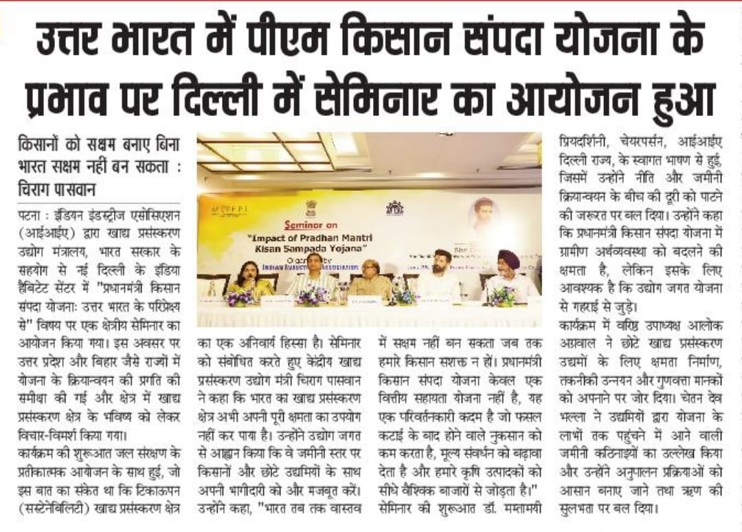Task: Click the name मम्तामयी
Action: (x=511, y=511)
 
